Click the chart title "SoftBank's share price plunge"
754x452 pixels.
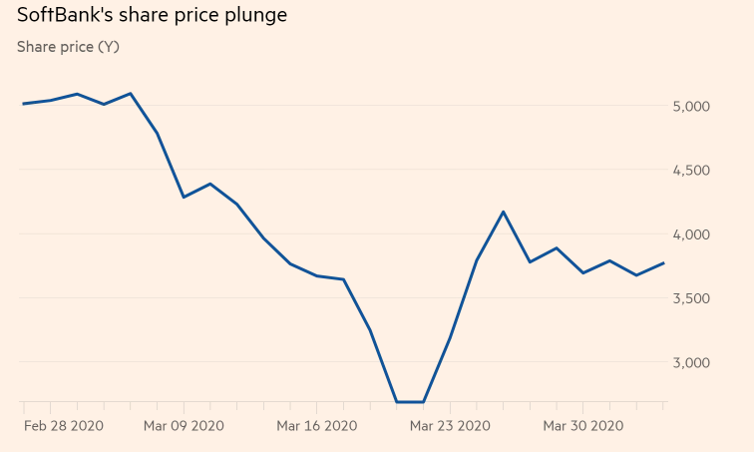tap(152, 16)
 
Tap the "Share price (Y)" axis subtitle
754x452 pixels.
tap(68, 47)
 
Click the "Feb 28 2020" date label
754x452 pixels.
tap(63, 425)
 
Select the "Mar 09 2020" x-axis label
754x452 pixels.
tap(184, 425)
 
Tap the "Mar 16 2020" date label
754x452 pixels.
tap(316, 425)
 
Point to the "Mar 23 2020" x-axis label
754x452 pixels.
tap(450, 425)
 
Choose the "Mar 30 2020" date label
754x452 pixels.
tap(582, 425)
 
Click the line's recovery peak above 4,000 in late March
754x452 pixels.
tap(504, 212)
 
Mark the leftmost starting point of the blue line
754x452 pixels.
tap(23, 104)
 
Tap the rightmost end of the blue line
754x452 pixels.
tap(664, 263)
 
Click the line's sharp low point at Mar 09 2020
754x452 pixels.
tap(184, 197)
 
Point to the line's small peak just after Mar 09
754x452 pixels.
tap(209, 184)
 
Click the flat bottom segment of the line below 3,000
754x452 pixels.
tap(410, 402)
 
